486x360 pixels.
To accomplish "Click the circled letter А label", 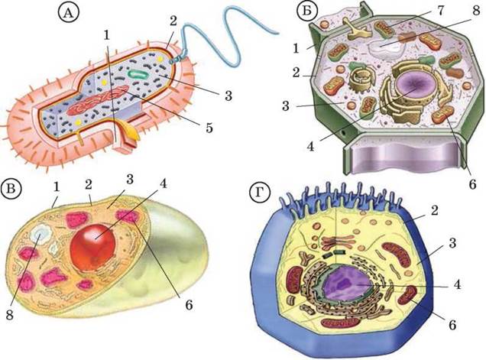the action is point(69,15).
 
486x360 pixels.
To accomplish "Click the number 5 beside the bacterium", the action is point(209,128).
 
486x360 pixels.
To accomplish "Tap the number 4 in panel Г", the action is point(456,284).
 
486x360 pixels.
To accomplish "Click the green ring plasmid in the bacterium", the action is point(138,74).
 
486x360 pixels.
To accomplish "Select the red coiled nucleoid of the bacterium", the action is point(97,100).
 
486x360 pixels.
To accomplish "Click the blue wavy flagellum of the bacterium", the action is point(230,34).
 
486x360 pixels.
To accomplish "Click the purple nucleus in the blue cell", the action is point(347,284).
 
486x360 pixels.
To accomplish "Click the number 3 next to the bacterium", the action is point(228,96).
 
